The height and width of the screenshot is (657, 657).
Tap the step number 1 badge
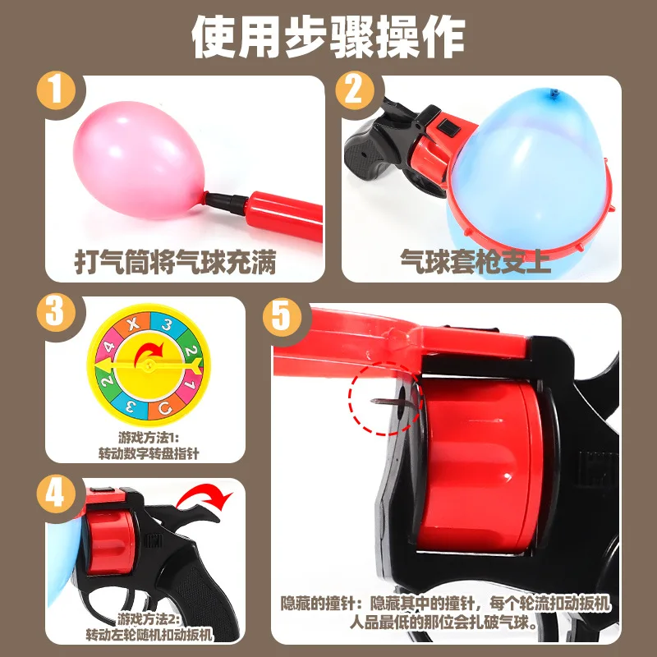pos(56,90)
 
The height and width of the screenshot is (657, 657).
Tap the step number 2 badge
pos(355,90)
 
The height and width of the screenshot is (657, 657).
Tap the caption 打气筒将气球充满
pos(172,262)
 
